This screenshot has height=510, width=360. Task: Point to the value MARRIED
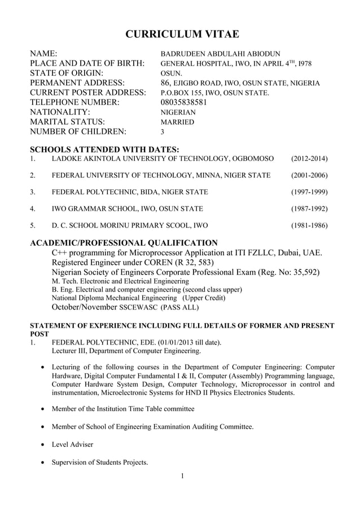coord(177,122)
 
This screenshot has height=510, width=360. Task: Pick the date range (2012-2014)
coord(309,159)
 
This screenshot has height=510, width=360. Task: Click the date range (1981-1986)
coord(309,225)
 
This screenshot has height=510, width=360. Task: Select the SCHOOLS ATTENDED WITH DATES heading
coord(104,149)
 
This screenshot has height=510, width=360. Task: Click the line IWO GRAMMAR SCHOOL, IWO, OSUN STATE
coord(127,209)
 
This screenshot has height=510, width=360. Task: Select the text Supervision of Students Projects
coord(99,463)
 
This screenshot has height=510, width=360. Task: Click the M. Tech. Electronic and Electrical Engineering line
coord(120,281)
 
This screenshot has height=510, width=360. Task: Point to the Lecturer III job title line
coord(126,351)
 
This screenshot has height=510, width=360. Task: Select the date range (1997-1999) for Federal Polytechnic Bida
coord(309,192)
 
